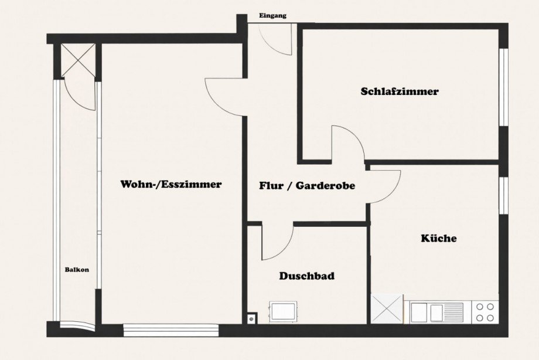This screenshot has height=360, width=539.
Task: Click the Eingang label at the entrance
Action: point(273,16)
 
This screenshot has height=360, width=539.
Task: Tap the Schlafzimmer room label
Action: point(400,91)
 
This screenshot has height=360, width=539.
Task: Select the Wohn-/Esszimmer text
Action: point(171,184)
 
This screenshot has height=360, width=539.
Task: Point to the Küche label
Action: point(438,239)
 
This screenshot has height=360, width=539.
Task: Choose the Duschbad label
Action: point(307,276)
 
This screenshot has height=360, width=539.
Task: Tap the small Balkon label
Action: point(77,270)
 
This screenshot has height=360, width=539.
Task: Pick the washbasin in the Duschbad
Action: point(284,312)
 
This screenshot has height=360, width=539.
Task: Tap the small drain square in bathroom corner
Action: point(251,319)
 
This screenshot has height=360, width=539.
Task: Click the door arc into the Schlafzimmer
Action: point(348,143)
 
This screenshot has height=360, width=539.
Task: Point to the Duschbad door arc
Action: point(277,242)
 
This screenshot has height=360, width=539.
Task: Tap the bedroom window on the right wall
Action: point(503,87)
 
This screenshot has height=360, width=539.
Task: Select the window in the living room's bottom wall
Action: point(171,330)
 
